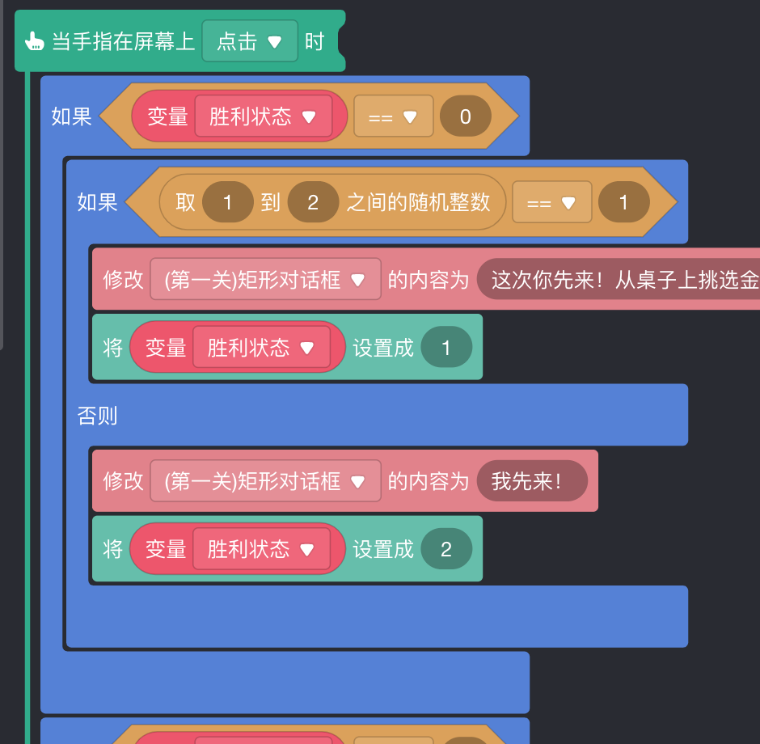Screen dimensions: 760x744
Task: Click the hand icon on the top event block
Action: click(x=33, y=41)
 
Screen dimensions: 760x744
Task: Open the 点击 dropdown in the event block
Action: click(x=250, y=41)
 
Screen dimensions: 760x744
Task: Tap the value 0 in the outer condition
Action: click(x=465, y=116)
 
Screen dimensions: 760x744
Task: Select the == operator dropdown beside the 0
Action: click(x=393, y=117)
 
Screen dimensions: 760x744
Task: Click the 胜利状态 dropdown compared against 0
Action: click(x=263, y=116)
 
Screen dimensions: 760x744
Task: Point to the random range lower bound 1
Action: click(x=227, y=202)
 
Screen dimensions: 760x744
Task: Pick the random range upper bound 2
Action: click(x=313, y=202)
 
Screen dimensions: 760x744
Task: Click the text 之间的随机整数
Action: click(x=418, y=202)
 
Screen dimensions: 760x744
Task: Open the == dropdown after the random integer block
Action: click(x=551, y=203)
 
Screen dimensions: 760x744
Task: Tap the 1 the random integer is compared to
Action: click(x=623, y=202)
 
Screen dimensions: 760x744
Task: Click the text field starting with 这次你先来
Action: click(x=623, y=281)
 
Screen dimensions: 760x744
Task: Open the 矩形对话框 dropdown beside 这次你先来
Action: click(x=265, y=281)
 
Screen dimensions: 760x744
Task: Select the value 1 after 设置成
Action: click(x=445, y=348)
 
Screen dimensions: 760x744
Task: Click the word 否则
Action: click(x=97, y=416)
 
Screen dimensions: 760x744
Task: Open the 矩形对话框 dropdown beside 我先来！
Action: click(x=265, y=482)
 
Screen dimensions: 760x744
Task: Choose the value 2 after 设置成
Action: click(x=445, y=550)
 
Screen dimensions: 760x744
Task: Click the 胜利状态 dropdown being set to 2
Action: click(x=261, y=550)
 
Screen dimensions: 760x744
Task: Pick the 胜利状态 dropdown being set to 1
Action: click(x=261, y=348)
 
